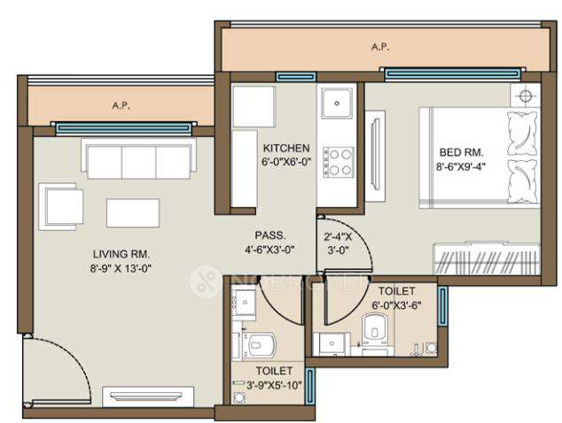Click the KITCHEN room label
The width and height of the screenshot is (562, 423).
click(x=285, y=148)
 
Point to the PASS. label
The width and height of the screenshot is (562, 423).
click(x=269, y=235)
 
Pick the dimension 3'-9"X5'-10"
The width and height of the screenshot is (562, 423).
click(x=268, y=384)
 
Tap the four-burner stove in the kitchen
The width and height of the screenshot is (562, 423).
click(x=337, y=161)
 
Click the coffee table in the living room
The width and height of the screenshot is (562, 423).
click(x=133, y=212)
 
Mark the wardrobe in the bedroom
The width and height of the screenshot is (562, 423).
click(x=486, y=260)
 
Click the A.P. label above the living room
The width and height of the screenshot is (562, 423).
click(x=121, y=104)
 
